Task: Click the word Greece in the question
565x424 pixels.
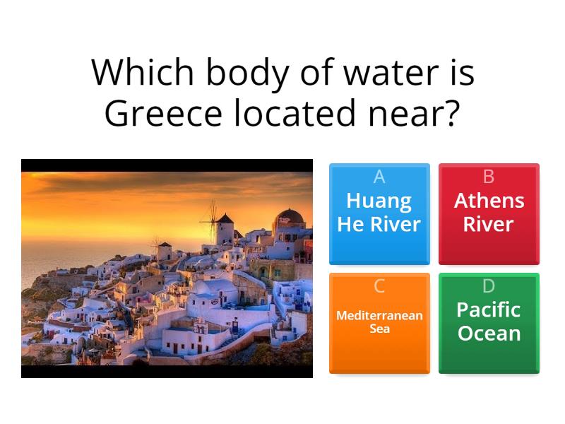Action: click(157, 113)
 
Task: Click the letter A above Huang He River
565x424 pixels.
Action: click(379, 177)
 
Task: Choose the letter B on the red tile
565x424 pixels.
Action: click(489, 177)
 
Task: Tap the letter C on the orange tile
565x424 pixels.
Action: click(379, 286)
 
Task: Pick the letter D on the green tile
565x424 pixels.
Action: click(489, 286)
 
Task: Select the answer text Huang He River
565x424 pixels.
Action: click(379, 213)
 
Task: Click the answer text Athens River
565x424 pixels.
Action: click(489, 213)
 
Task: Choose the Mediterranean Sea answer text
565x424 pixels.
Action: click(379, 322)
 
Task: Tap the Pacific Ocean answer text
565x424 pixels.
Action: click(489, 322)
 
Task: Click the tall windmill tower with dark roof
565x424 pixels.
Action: click(225, 228)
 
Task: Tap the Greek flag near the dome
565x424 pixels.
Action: click(283, 220)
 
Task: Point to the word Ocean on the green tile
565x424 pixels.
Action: click(489, 334)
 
